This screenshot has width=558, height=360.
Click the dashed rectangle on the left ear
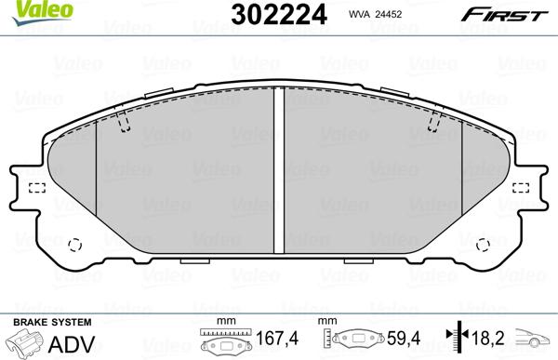(37, 189)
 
